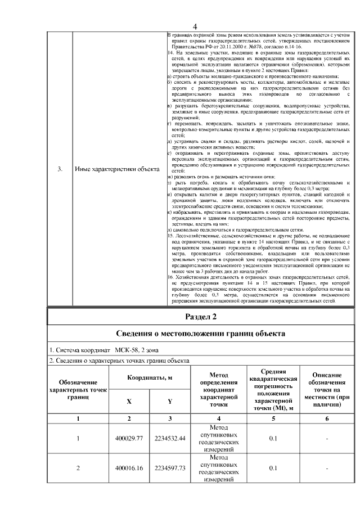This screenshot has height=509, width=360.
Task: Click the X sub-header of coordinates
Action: pyautogui.click(x=129, y=401)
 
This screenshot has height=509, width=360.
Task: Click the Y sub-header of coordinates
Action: pyautogui.click(x=170, y=401)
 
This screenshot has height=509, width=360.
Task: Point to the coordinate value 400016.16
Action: pyautogui.click(x=129, y=468)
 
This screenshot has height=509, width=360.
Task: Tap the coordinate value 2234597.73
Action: pyautogui.click(x=170, y=468)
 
